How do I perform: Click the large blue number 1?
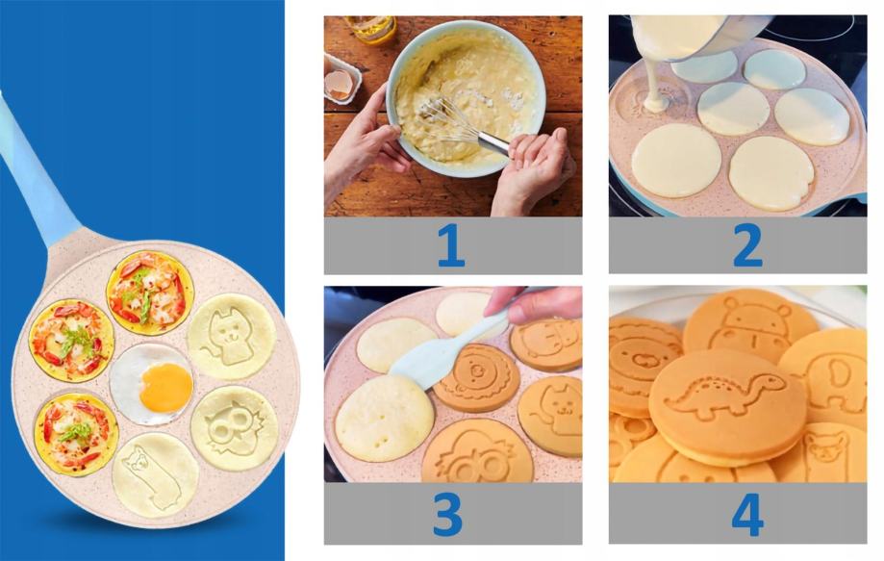(451, 244)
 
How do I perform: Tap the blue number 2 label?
(747, 244)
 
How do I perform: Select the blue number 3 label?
(447, 515)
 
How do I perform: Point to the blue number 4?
(747, 515)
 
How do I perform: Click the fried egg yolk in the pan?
(166, 388)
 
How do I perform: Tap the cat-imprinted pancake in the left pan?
(231, 337)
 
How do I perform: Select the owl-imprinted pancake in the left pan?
(235, 428)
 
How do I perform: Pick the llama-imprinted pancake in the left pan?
(155, 474)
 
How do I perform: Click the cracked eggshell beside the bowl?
(340, 85)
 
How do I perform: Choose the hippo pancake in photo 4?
(750, 324)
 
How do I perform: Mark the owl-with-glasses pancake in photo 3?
(477, 452)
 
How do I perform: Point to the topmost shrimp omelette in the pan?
(150, 293)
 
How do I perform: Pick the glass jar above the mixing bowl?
(370, 28)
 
